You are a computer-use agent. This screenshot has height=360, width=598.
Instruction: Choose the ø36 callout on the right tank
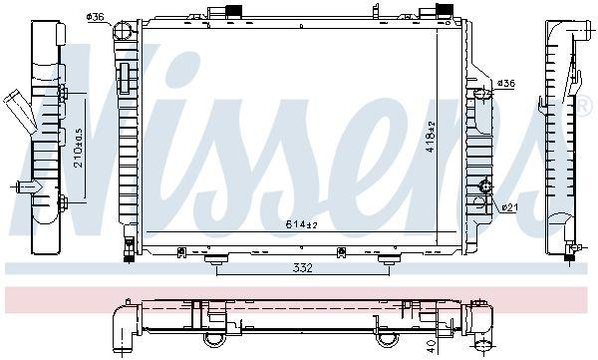tap(505, 84)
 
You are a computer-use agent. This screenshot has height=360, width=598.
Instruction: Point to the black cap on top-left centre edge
tap(236, 11)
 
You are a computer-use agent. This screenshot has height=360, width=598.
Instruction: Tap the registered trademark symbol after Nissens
tap(585, 103)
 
